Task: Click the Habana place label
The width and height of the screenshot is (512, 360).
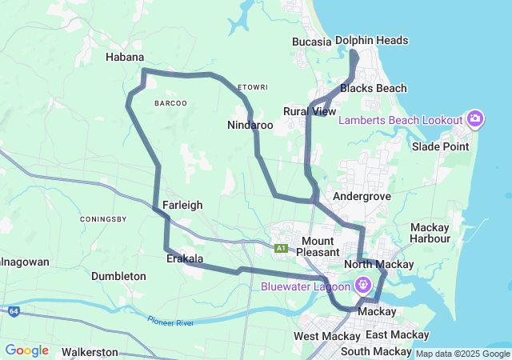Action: [x=125, y=58]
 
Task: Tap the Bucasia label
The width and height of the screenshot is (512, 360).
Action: [x=311, y=41]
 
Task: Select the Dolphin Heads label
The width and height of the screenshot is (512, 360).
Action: [x=371, y=40]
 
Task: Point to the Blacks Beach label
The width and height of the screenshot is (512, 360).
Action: [x=373, y=88]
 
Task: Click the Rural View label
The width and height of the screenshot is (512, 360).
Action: [x=310, y=111]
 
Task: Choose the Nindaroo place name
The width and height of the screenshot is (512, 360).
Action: [x=250, y=126]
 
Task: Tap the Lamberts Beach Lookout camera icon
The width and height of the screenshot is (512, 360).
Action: [x=475, y=119]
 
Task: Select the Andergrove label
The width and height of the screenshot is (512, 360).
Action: [x=362, y=195]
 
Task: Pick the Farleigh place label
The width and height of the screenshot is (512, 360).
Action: [x=182, y=205]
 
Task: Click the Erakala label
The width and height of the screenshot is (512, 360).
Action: [x=184, y=259]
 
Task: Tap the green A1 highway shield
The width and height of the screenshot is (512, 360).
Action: [x=281, y=249]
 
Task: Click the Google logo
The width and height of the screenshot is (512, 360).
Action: [x=26, y=350]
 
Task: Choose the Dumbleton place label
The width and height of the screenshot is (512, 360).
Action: [x=118, y=276]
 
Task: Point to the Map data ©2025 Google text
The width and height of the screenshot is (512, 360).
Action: [x=462, y=354]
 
